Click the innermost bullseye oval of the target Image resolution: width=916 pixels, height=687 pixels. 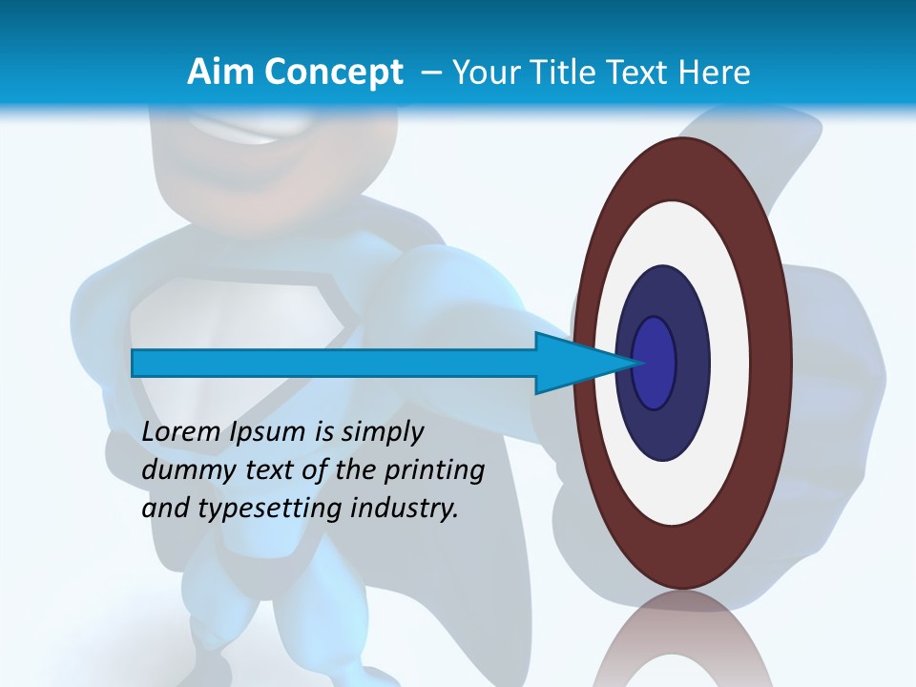coord(654,363)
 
